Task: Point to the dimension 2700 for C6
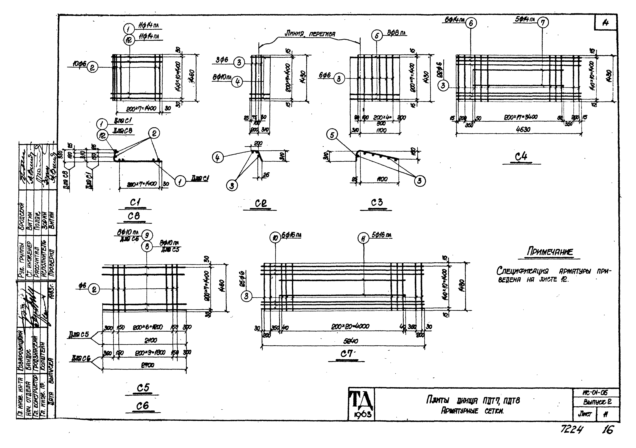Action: click(x=147, y=365)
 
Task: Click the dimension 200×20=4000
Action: click(x=350, y=327)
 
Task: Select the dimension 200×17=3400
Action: click(x=521, y=117)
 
